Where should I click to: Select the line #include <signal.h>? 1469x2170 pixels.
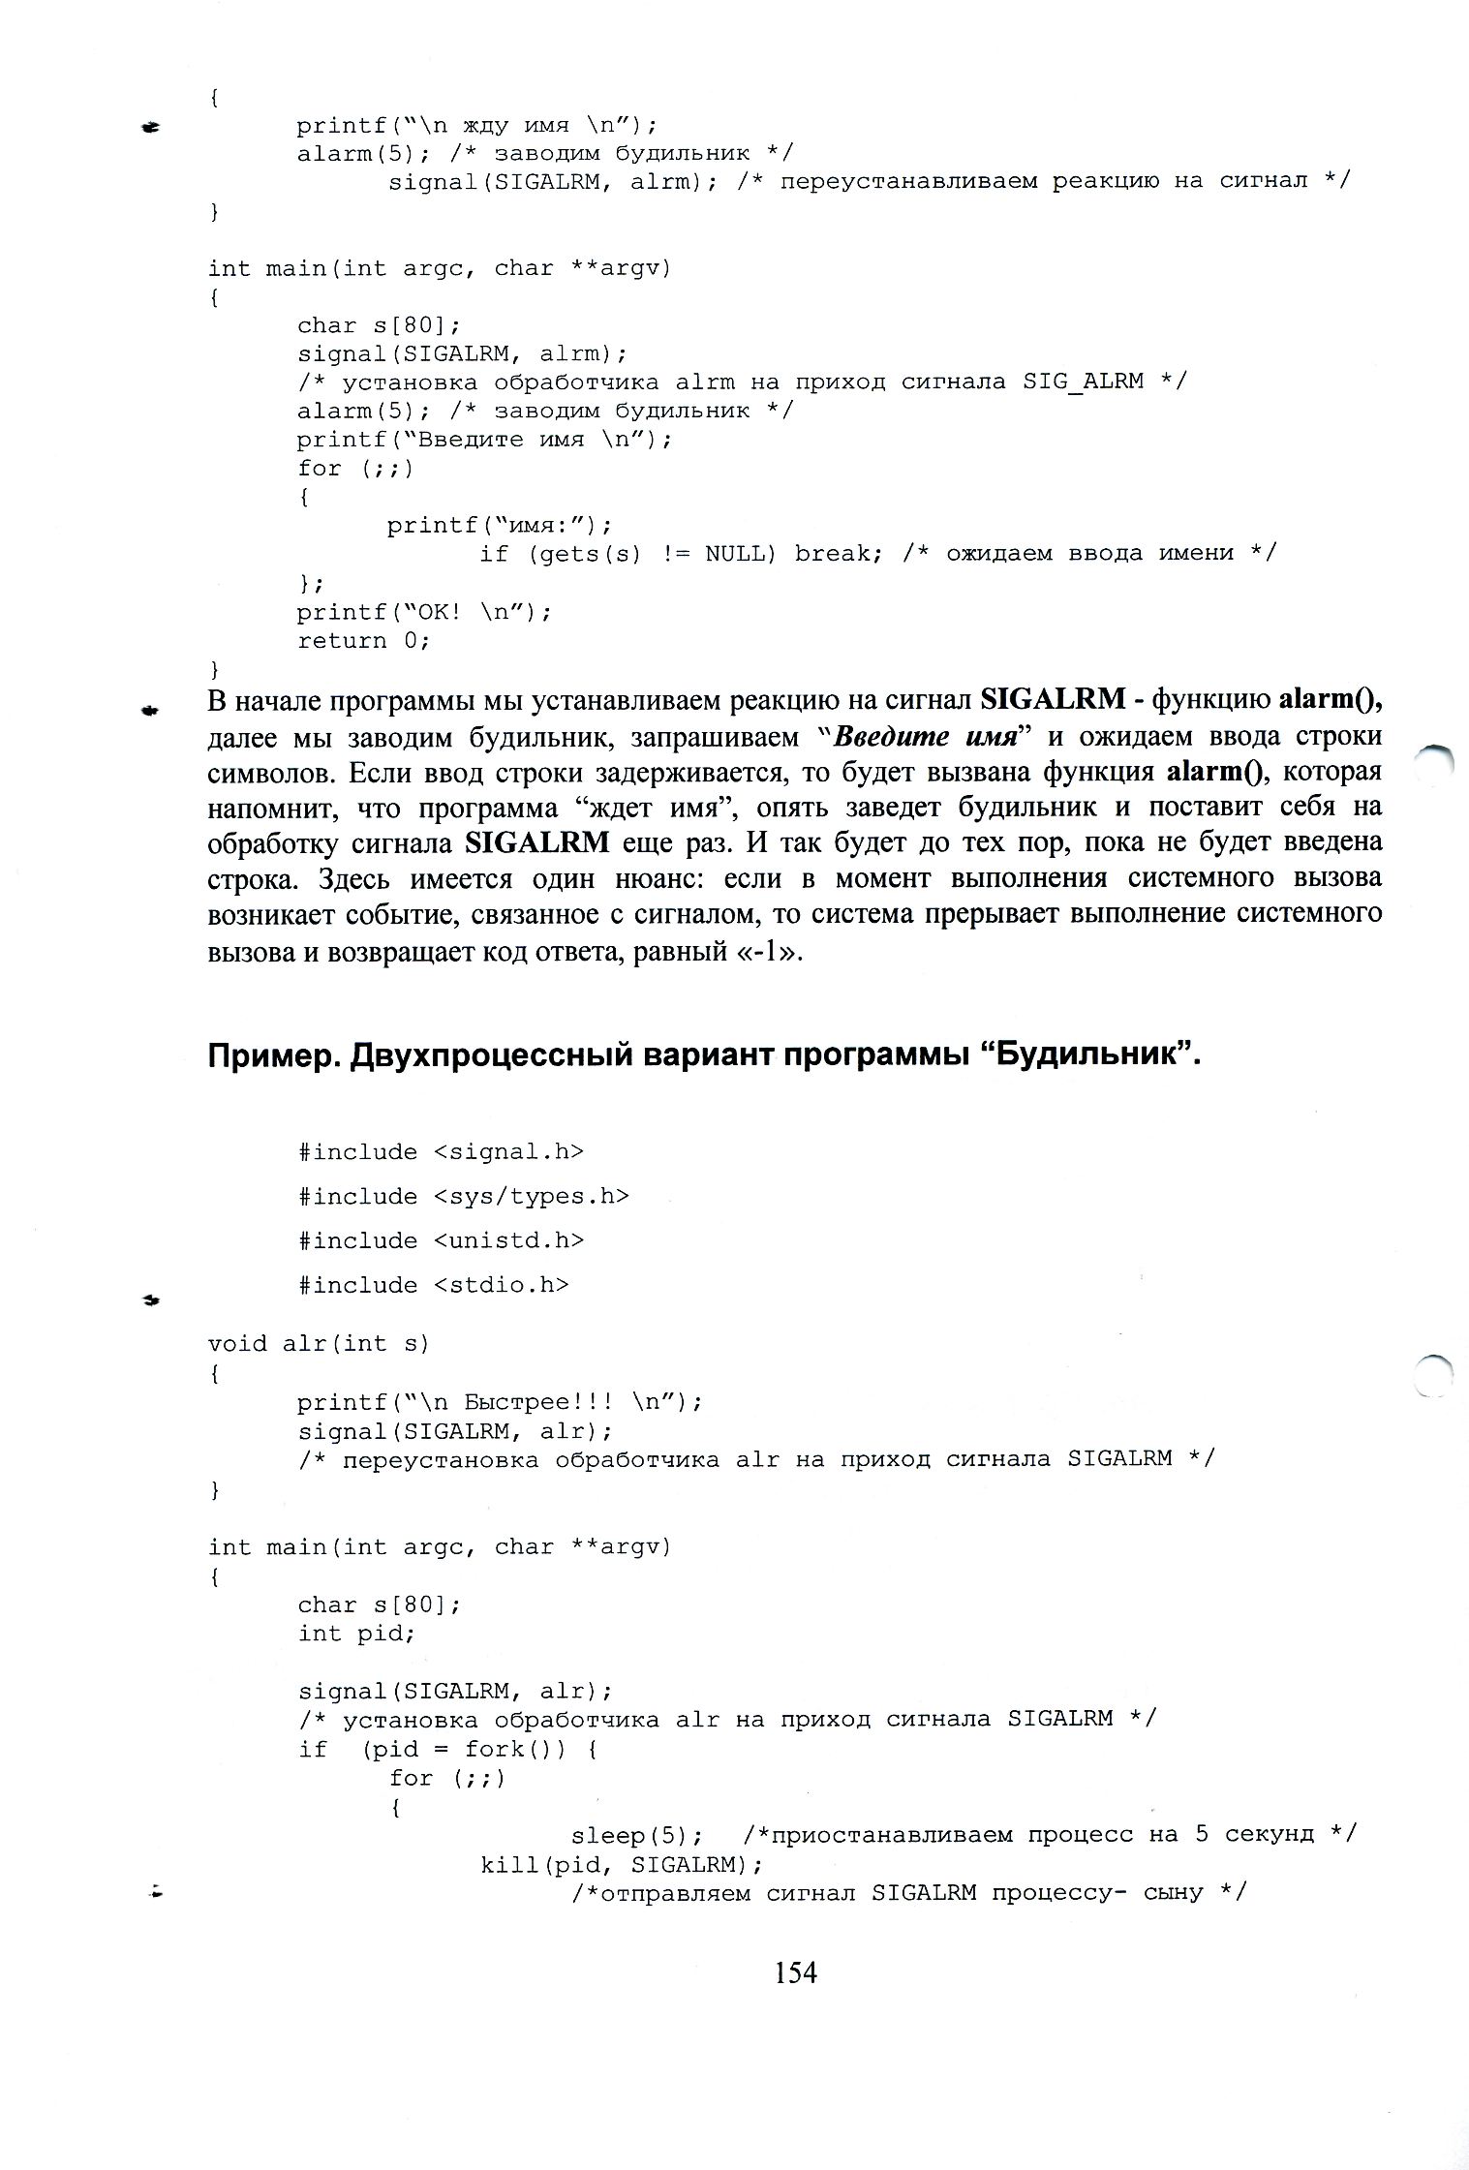click(x=441, y=1151)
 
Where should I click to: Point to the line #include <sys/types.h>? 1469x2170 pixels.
click(x=464, y=1196)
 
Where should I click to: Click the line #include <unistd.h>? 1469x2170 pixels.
click(x=441, y=1240)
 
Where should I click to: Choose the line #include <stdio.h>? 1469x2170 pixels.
click(x=434, y=1285)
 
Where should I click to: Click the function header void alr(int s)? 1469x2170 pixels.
click(x=319, y=1343)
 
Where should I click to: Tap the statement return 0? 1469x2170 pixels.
click(x=363, y=640)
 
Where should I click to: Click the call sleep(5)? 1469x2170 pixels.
click(x=636, y=1835)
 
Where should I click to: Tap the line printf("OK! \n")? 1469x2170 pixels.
click(x=424, y=612)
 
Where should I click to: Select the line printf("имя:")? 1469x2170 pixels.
click(x=500, y=525)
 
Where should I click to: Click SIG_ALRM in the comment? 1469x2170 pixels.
click(x=1084, y=382)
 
